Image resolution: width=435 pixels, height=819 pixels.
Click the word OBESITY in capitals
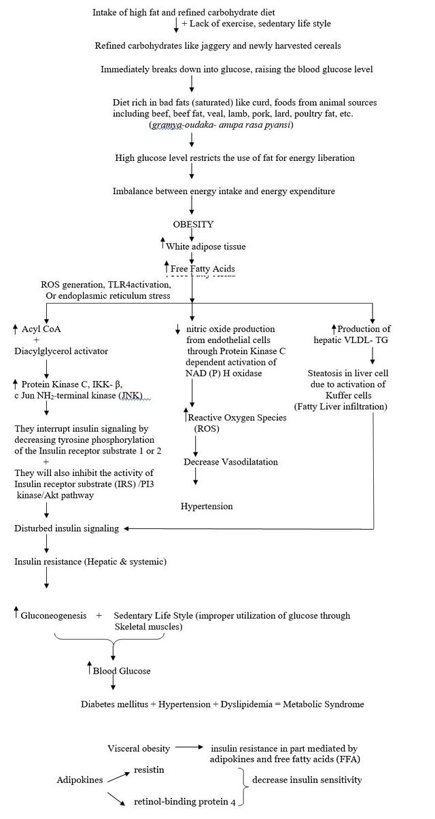click(193, 224)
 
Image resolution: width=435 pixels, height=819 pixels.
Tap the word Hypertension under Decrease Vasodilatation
click(207, 506)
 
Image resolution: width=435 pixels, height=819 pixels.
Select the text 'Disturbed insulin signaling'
click(67, 528)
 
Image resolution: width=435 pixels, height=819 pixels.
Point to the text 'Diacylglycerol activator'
click(61, 351)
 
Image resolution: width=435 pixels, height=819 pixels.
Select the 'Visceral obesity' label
click(139, 748)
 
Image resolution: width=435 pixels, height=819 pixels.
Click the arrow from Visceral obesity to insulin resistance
click(191, 748)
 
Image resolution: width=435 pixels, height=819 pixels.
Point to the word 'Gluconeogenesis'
click(54, 615)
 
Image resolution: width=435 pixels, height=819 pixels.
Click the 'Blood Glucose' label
click(122, 670)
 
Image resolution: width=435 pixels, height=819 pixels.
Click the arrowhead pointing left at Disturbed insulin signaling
click(128, 528)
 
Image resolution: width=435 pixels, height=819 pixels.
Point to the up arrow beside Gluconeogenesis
click(16, 613)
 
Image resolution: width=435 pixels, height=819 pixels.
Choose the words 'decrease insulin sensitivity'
click(307, 780)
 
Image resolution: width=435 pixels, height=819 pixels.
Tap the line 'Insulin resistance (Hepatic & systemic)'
click(90, 562)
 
